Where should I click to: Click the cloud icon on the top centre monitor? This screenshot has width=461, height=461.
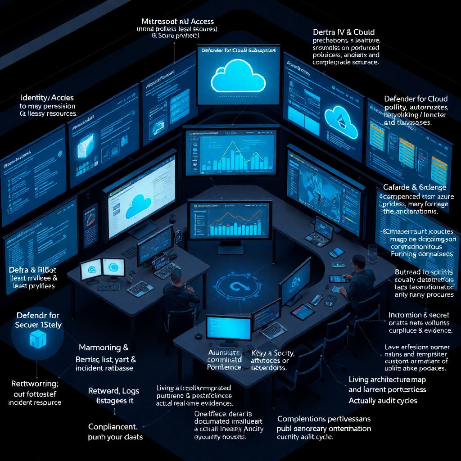click(x=239, y=77)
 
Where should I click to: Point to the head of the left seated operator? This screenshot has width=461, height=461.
click(x=176, y=276)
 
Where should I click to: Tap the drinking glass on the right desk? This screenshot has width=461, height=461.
click(x=372, y=253)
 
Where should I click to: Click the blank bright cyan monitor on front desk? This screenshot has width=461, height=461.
click(x=228, y=327)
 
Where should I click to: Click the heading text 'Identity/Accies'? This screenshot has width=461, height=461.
click(x=47, y=98)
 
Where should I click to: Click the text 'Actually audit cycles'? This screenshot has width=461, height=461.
click(x=383, y=400)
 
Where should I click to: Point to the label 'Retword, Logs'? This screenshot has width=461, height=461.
click(x=113, y=391)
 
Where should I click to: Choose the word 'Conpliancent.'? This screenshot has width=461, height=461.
click(x=113, y=426)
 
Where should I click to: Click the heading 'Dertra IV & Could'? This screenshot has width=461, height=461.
click(x=343, y=32)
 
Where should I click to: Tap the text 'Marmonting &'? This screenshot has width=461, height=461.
click(x=104, y=348)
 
